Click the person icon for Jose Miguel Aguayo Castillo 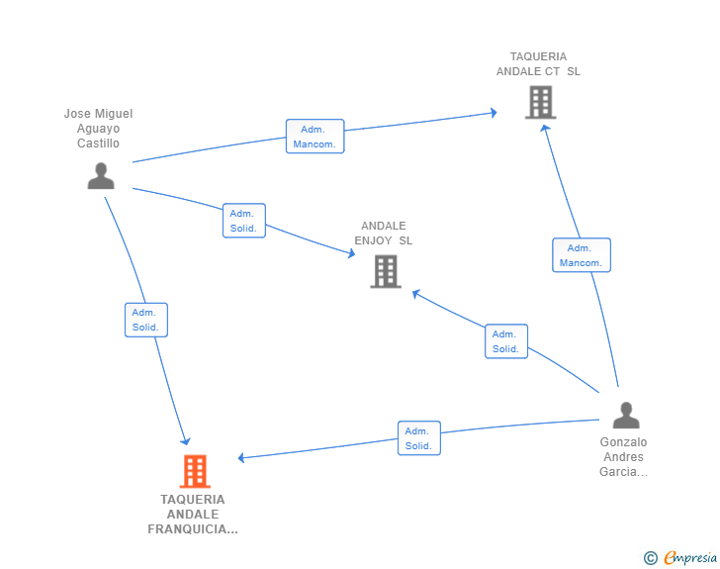point(101,176)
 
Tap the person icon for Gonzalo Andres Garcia point(625,416)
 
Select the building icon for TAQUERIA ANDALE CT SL point(540,102)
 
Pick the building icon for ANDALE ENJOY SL point(386,271)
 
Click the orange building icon point(195,471)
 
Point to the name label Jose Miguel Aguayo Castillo point(98,129)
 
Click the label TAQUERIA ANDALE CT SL point(539,64)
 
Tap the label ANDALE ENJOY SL point(384,234)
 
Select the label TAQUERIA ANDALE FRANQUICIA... point(193,514)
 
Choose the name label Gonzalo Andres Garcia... point(623,457)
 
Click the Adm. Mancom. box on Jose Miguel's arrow point(315,137)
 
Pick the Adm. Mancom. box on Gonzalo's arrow point(581,255)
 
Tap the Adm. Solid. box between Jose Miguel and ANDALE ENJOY point(243,221)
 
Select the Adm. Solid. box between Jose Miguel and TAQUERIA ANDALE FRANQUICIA point(146,320)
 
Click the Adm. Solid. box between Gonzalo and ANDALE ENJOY point(505,341)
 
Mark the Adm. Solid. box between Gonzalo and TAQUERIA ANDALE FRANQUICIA point(418,438)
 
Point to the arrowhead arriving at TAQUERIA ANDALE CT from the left point(493,113)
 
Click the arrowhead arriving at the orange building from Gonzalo point(242,457)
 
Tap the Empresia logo point(690,558)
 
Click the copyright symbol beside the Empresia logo point(650,558)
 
